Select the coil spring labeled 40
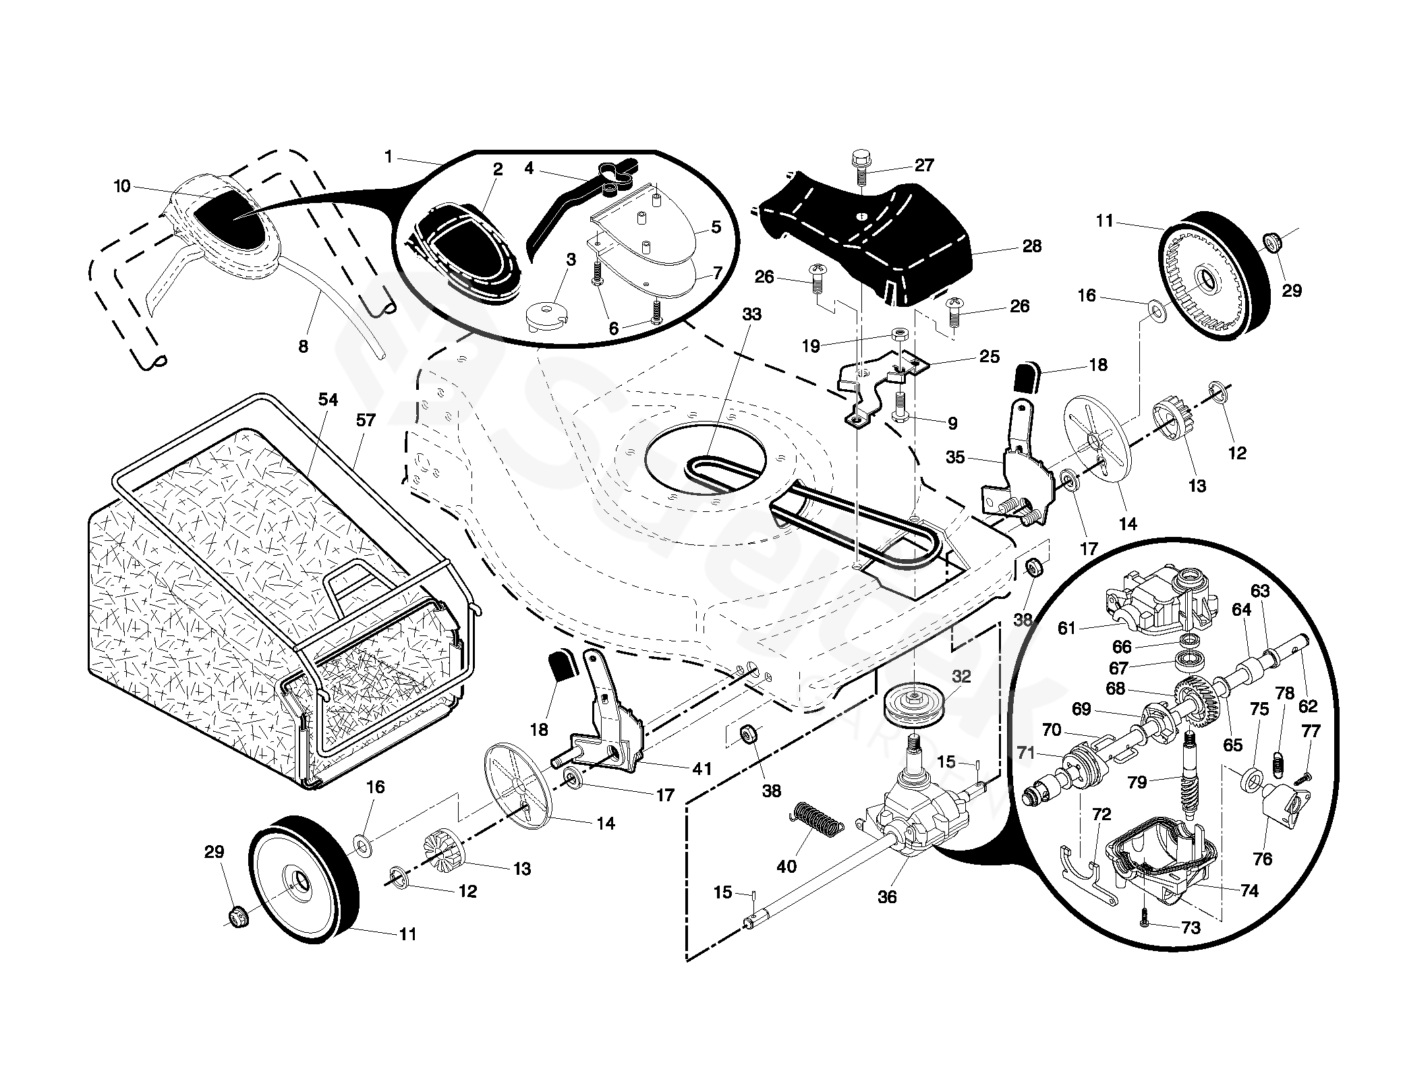coord(816,819)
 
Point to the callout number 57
coord(365,420)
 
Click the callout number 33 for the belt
coord(751,314)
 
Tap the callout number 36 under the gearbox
coord(887,896)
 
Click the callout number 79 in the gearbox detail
coord(1137,783)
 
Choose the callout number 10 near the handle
coord(122,186)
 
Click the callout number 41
coord(702,768)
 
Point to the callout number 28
coord(1032,246)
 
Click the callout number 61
coord(1066,629)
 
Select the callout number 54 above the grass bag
coord(328,400)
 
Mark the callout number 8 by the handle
coord(303,347)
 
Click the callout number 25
coord(990,356)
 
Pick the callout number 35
coord(955,457)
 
